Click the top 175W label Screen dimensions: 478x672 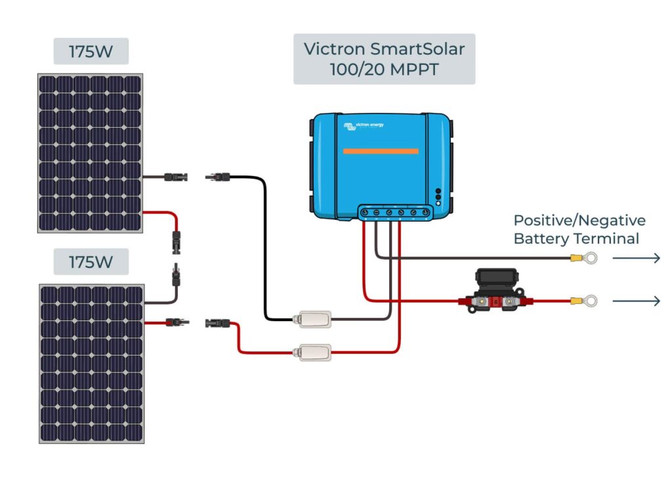tap(91, 51)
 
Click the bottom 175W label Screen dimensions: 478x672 tap(91, 261)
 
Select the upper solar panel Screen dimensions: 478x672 tap(90, 153)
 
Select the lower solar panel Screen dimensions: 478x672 tap(93, 363)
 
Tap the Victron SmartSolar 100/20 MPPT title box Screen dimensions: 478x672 tap(384, 59)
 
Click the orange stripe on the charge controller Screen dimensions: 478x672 tap(381, 151)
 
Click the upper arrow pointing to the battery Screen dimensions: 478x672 tap(636, 259)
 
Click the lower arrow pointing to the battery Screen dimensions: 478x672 tap(636, 301)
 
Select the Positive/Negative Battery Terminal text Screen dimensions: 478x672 tap(579, 229)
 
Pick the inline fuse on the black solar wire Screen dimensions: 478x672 tap(312, 319)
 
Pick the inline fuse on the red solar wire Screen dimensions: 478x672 tap(312, 352)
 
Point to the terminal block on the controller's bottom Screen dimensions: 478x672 tap(394, 213)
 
